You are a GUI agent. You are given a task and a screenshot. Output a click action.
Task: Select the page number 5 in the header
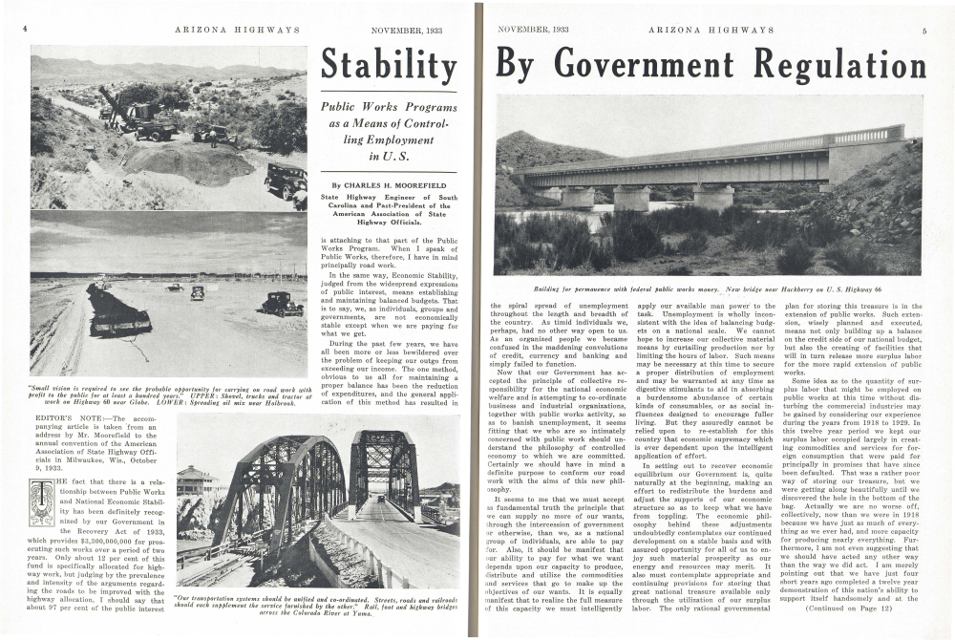pyautogui.click(x=923, y=30)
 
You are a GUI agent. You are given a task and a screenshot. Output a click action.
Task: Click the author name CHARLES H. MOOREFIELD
pyautogui.click(x=392, y=185)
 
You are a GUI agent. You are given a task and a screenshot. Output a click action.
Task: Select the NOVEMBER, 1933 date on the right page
pyautogui.click(x=533, y=30)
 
